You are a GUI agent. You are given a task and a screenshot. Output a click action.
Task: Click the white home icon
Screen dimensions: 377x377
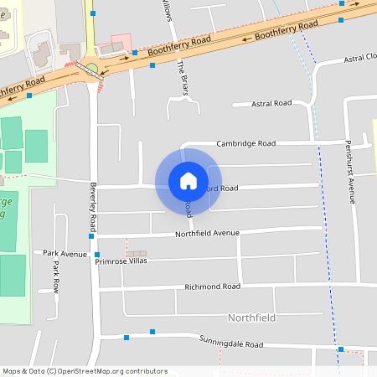point(188,180)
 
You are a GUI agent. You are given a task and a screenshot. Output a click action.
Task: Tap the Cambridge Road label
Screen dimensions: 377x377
point(245,143)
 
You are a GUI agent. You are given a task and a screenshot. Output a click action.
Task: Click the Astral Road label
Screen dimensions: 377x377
point(272,103)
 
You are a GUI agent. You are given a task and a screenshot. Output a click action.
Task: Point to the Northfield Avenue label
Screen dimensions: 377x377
point(207,234)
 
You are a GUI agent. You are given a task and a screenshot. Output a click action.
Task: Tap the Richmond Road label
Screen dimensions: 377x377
point(213,287)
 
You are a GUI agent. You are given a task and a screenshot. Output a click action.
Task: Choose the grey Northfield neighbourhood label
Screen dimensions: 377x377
point(251,318)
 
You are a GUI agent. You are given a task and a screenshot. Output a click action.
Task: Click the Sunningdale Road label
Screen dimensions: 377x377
point(231,343)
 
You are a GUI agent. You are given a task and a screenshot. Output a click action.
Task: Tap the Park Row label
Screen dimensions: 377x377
point(57,276)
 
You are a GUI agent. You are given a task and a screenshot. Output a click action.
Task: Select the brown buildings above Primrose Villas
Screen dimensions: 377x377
point(136,253)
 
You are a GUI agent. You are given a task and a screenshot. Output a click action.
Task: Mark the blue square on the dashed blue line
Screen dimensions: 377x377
point(340,349)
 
